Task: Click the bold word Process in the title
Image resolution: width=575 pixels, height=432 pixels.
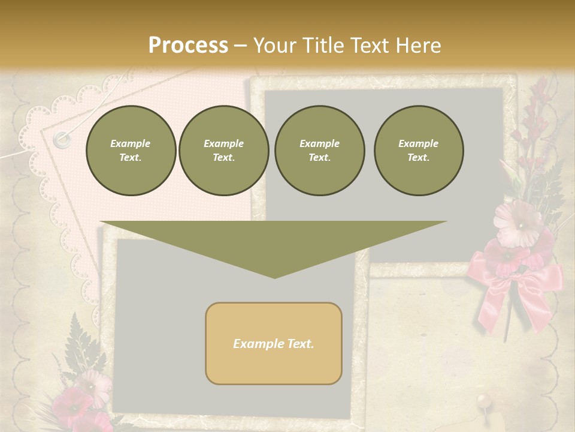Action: click(188, 46)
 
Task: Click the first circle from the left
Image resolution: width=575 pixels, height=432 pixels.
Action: click(131, 151)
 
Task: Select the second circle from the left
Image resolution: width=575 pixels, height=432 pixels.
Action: click(223, 151)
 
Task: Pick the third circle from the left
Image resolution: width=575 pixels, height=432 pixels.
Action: click(319, 151)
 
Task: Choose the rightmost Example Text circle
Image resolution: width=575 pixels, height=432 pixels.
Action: click(418, 151)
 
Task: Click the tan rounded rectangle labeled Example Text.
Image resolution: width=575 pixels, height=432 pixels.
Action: click(274, 343)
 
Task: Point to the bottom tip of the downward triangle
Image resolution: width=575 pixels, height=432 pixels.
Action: click(274, 277)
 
